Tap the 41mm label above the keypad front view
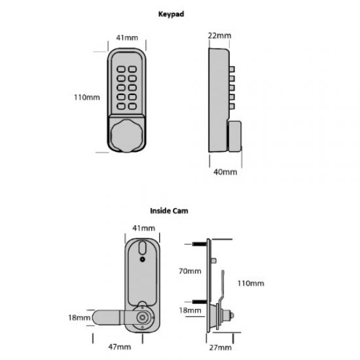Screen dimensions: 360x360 (126, 39)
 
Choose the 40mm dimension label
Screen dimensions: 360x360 (225, 172)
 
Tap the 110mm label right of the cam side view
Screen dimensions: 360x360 (251, 283)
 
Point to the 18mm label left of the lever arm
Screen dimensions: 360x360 (77, 317)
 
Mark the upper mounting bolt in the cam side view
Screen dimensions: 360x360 (200, 245)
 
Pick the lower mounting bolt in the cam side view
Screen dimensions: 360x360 (200, 302)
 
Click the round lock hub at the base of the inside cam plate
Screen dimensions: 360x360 (143, 316)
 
